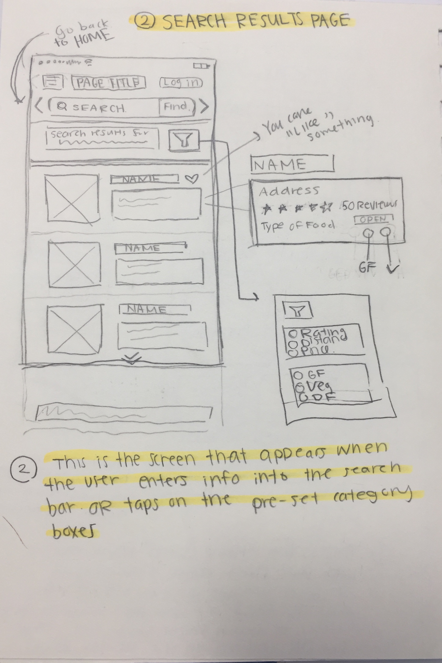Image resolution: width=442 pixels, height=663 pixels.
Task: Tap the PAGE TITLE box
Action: tap(108, 83)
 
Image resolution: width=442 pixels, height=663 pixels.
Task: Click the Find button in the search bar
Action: tap(176, 107)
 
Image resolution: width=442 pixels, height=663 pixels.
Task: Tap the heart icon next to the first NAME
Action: tap(192, 178)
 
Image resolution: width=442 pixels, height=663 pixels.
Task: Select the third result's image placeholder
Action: tap(74, 329)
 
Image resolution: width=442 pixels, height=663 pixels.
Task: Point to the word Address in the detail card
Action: tap(289, 191)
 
